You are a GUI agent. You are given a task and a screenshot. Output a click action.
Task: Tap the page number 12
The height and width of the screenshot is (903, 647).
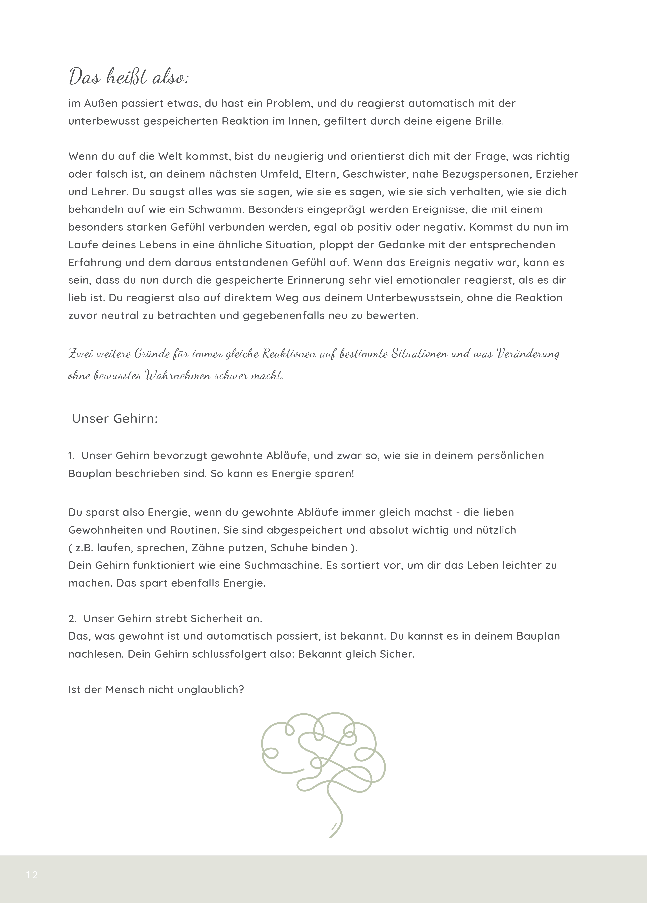pyautogui.click(x=32, y=875)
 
